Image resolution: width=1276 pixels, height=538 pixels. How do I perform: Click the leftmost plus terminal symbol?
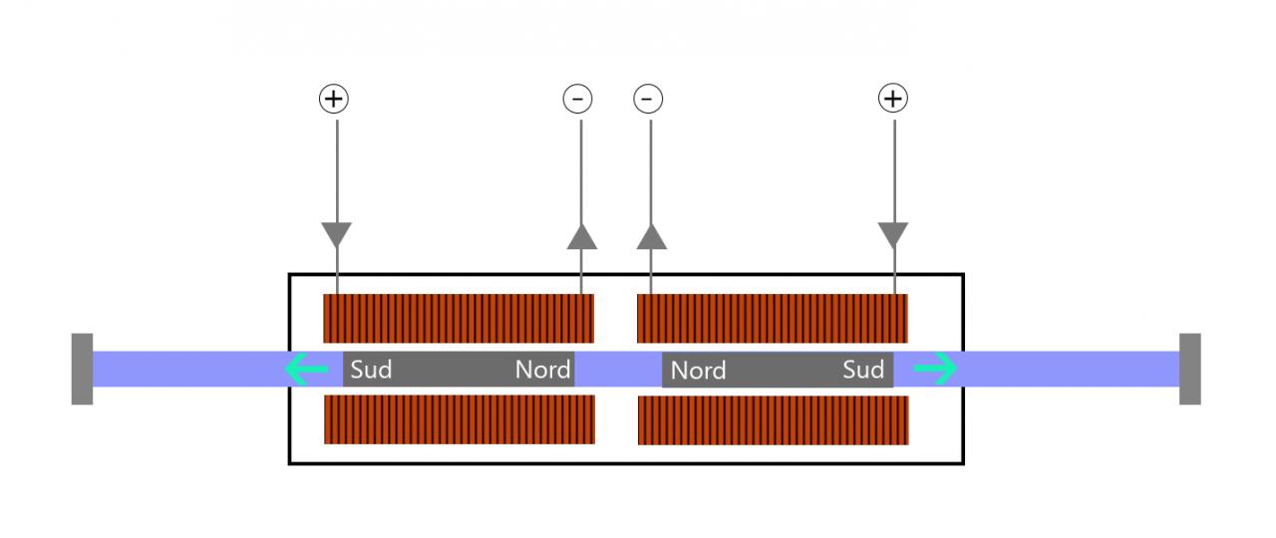coord(334,99)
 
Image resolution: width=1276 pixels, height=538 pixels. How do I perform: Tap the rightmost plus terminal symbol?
coord(892,99)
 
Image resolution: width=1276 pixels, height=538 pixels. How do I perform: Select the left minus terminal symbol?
coord(578,99)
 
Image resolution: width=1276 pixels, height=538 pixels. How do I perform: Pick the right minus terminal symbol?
coord(648,99)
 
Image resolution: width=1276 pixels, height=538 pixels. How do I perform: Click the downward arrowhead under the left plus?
coord(337,235)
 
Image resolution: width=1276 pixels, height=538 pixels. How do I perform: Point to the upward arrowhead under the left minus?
coord(581,235)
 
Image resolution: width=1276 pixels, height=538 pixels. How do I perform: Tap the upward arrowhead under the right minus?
coord(651,235)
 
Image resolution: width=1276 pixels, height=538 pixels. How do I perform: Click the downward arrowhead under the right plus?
coord(893,235)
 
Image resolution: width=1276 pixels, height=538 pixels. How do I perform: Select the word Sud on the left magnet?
coord(371,371)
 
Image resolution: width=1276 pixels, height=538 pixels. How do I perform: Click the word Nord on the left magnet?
coord(543,371)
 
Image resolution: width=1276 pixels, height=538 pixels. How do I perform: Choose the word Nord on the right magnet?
coord(698,371)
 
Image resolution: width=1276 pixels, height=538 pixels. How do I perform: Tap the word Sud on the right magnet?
coord(863,371)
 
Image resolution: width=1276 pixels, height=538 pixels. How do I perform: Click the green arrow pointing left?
coord(307,371)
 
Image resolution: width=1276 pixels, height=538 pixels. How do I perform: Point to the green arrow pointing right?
coord(935,370)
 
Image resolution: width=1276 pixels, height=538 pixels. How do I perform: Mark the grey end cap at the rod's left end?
coord(82,369)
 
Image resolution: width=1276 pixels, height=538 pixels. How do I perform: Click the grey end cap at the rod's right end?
coord(1189,369)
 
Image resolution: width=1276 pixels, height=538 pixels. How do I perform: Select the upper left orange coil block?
coord(459,318)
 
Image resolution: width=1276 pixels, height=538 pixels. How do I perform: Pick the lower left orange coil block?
coord(460,419)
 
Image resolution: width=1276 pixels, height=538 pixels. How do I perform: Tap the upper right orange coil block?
coord(773,318)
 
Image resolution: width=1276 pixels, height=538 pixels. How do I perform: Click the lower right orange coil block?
coord(774,420)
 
